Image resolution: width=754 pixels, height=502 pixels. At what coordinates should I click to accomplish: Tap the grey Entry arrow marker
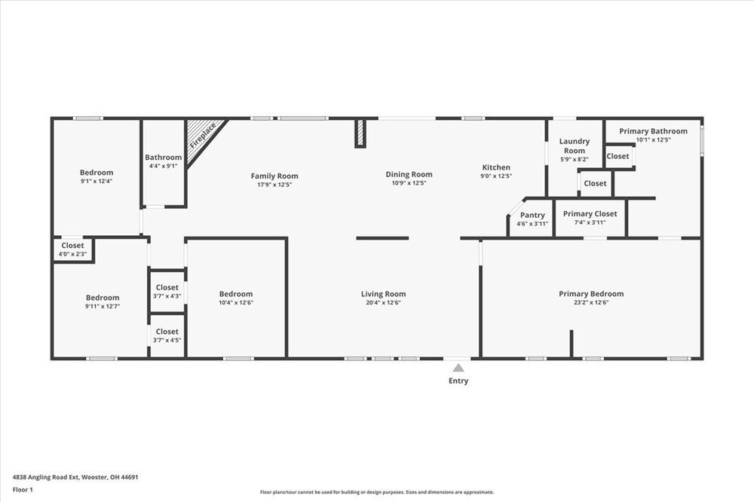coord(458,368)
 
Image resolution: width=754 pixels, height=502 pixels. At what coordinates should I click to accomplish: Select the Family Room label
coord(274,176)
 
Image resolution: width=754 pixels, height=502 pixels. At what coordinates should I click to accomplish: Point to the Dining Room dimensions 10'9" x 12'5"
coord(409,183)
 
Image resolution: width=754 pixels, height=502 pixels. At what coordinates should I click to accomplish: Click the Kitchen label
coord(496,167)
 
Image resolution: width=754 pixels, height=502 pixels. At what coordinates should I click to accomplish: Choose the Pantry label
coord(532,215)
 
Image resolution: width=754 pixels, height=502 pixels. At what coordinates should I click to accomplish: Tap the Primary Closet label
coord(590,213)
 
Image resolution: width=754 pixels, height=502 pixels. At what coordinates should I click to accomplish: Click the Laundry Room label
coord(574,145)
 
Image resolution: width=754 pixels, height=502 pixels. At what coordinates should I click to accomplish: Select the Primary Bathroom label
coord(653,131)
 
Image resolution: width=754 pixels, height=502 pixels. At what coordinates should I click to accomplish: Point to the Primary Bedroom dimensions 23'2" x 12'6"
coord(591,302)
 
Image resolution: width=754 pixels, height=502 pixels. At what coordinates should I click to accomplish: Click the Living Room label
coord(383,294)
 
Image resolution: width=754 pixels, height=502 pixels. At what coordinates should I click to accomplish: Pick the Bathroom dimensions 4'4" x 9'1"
coord(164,166)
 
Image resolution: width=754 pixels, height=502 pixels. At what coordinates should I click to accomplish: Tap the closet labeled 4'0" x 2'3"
coord(72,249)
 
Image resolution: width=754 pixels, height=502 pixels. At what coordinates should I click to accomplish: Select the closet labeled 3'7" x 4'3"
coord(167,292)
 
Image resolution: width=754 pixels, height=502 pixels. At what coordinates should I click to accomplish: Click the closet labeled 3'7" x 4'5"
coord(167,335)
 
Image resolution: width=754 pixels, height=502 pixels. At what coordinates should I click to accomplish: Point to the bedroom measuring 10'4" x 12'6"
coord(236,298)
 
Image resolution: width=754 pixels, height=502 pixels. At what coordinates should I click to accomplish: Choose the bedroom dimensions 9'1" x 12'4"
coord(97,181)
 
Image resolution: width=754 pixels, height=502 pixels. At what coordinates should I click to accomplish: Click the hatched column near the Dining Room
coord(360,133)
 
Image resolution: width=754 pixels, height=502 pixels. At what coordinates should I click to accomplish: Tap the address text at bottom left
coord(75,477)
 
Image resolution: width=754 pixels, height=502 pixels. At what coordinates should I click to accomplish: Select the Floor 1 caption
coord(23,490)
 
